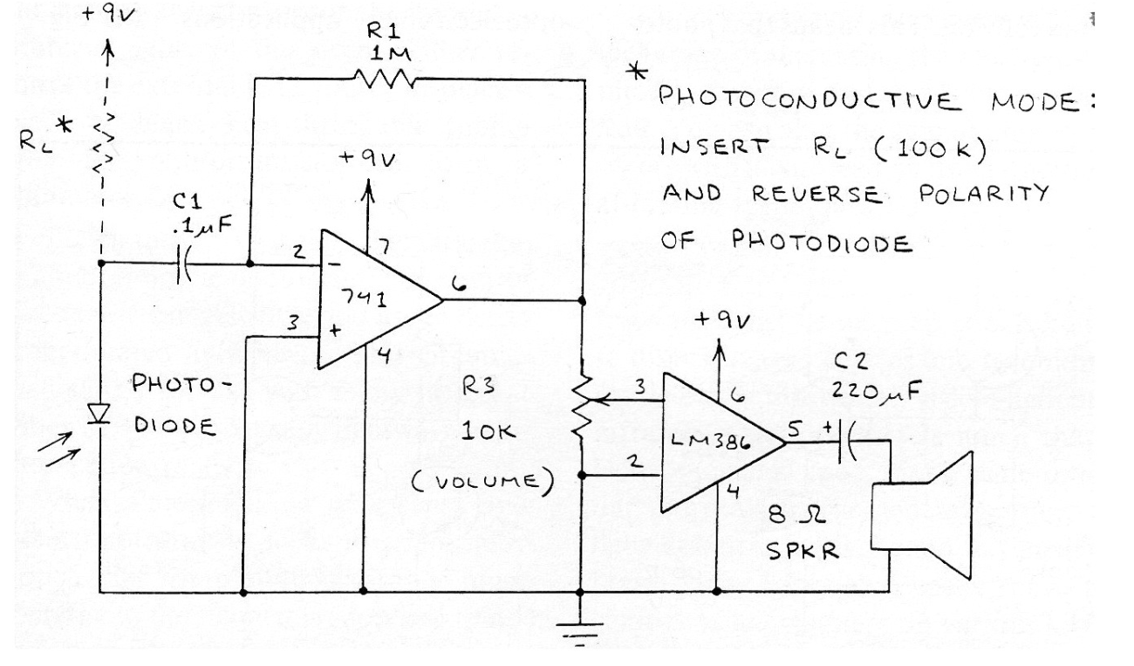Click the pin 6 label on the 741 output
coord(461,282)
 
